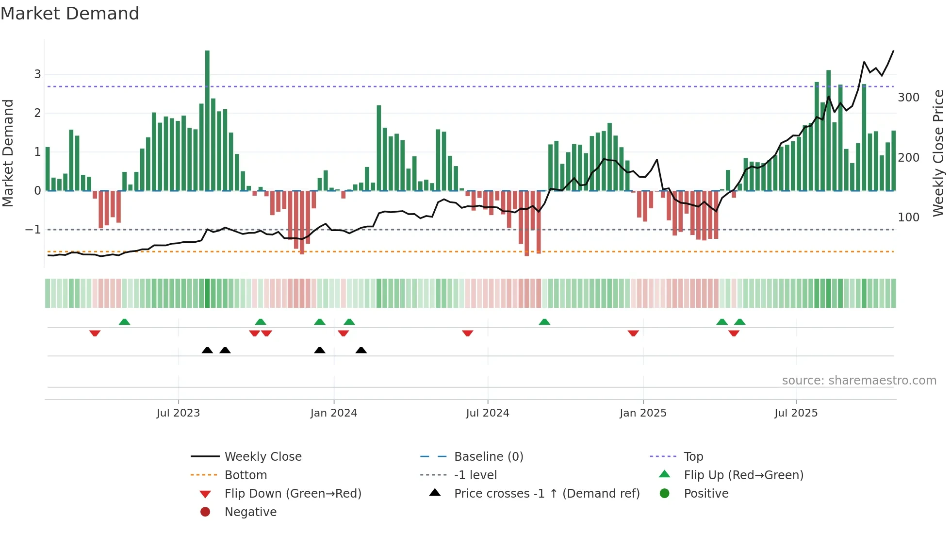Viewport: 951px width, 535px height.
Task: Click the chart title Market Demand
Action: [70, 14]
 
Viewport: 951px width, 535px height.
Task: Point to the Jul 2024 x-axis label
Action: [487, 413]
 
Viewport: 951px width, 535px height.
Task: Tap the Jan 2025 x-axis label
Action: [643, 413]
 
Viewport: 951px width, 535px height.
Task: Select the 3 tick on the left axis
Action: [37, 74]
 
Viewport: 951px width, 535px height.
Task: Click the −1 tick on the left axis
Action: [33, 230]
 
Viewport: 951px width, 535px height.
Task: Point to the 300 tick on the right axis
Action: [908, 98]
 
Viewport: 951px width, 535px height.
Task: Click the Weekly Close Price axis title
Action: [938, 153]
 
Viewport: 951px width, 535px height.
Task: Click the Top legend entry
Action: [693, 456]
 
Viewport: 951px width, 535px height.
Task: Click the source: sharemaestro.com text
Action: [859, 381]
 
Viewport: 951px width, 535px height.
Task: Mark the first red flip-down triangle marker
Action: [95, 333]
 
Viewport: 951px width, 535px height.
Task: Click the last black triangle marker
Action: [361, 350]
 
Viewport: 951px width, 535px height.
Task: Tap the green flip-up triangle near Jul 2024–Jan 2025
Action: [544, 322]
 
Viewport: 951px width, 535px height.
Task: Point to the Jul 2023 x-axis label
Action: [178, 413]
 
